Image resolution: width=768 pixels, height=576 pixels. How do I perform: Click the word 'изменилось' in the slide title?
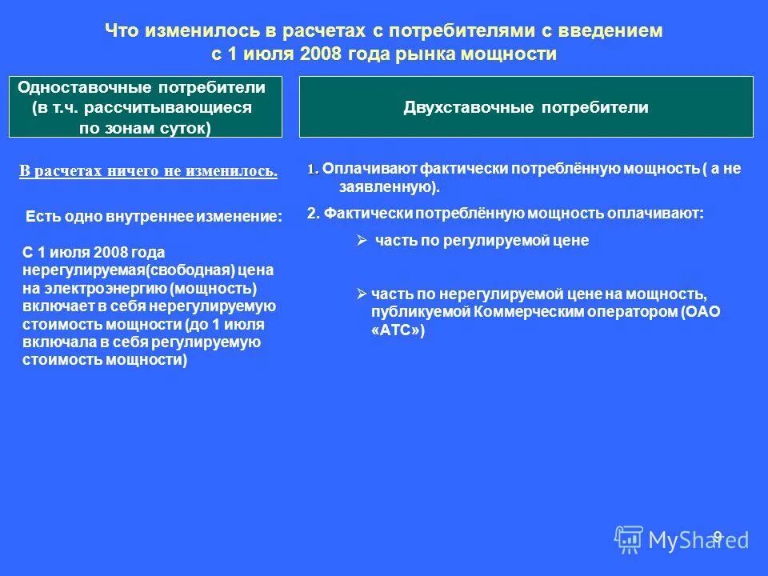186,31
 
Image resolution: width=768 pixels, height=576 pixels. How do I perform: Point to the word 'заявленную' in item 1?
380,188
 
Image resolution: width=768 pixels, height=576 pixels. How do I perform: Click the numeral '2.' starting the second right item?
314,214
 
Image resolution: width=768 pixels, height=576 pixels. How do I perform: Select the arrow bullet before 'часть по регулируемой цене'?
361,240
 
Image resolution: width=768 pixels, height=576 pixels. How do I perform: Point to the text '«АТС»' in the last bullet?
397,330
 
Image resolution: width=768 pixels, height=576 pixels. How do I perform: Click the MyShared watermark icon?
629,540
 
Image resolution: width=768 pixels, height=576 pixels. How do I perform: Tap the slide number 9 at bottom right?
718,536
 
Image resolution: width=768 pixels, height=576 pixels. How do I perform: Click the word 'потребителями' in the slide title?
442,31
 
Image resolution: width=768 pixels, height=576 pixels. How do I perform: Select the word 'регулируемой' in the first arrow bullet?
480,240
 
